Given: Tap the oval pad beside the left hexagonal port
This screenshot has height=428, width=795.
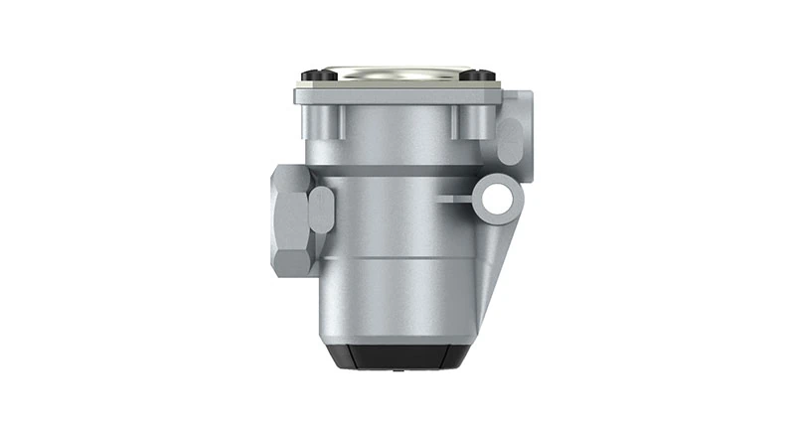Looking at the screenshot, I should [x=321, y=210].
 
